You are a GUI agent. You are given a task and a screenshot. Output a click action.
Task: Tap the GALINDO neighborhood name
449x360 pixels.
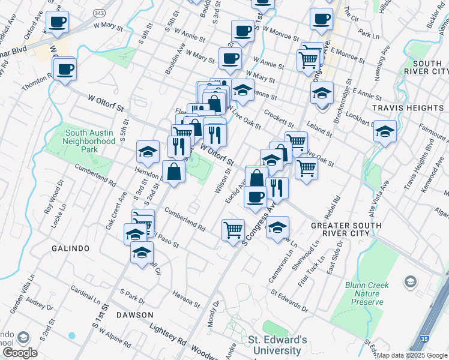70,248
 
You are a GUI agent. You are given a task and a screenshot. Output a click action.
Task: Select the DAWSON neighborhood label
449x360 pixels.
135,314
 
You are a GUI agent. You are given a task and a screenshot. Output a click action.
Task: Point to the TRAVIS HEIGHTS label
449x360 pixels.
408,108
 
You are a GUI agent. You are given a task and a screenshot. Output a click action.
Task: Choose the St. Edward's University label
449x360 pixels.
277,345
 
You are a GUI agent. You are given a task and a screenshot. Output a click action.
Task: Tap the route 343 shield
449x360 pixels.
99,12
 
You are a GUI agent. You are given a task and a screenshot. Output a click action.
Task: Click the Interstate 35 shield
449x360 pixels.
425,341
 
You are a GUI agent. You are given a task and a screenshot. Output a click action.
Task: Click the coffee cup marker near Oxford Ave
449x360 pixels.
58,23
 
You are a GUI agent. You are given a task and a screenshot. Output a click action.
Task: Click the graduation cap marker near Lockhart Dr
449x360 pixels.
385,132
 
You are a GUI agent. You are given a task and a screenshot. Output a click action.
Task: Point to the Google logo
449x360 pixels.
20,353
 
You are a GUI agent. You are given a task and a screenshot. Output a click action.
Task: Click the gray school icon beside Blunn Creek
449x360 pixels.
411,281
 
